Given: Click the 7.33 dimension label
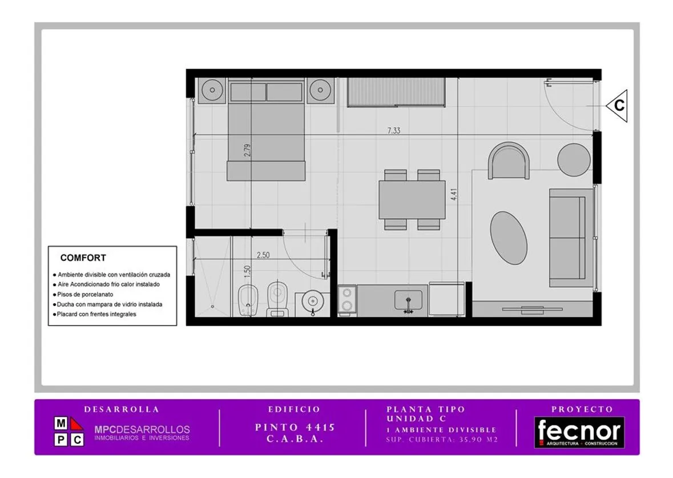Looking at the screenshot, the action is (394, 131).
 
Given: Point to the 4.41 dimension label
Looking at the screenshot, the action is (454, 194).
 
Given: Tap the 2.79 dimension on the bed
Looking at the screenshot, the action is (247, 150).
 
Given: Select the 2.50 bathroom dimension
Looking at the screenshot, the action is (263, 255).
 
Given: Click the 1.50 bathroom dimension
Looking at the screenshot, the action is (247, 271).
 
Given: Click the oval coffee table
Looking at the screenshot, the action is (509, 238).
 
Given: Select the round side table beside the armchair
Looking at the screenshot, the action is (574, 159).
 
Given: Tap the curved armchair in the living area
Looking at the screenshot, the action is (509, 160).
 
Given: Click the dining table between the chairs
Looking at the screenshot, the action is (412, 200).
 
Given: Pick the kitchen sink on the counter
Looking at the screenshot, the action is (408, 300).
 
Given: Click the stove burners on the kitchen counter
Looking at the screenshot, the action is (347, 299).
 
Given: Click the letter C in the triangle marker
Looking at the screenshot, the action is (619, 105).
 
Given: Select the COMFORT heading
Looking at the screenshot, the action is (83, 258).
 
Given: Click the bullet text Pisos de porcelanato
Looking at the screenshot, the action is (86, 294).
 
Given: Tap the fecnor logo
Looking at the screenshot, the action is (579, 432).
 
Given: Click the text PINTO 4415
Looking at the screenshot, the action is (295, 427).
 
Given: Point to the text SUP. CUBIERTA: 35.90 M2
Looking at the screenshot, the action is (442, 440).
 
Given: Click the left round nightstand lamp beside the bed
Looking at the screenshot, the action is (212, 91).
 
